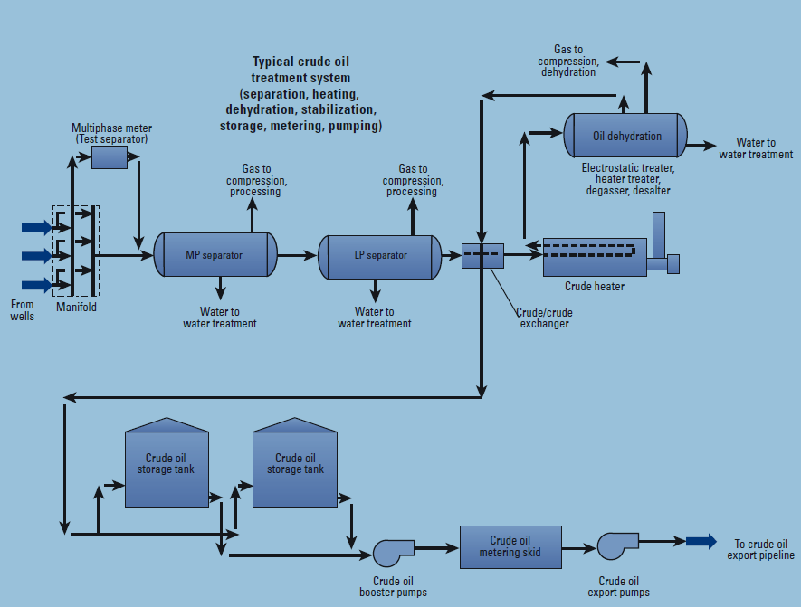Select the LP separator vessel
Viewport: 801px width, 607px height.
(379, 255)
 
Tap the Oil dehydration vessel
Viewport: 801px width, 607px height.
(626, 136)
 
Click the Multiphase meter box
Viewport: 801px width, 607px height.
(110, 156)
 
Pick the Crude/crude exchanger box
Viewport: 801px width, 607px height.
(482, 255)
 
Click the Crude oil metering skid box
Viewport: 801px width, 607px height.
(510, 546)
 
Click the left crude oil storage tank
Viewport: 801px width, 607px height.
(166, 463)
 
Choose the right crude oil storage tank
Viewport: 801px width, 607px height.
(295, 463)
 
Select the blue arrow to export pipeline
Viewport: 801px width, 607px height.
(701, 541)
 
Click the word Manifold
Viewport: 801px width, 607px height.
(76, 308)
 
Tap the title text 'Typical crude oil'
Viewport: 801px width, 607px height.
(300, 62)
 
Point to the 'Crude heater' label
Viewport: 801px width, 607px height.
(595, 287)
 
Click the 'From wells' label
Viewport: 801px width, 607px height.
(23, 310)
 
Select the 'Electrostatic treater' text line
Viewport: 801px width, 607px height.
(627, 167)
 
